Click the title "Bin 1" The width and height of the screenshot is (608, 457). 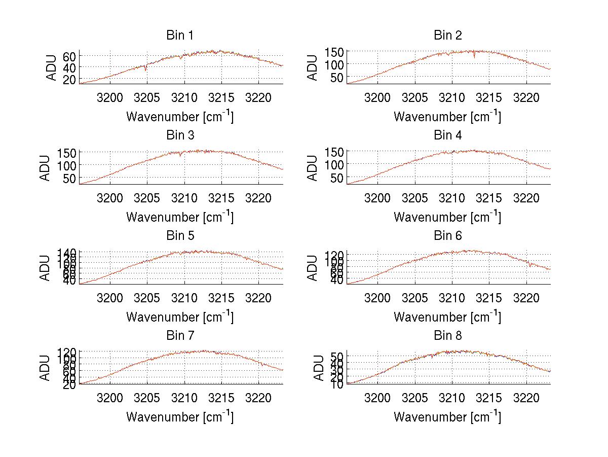point(180,36)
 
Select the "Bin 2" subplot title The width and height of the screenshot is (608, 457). point(448,36)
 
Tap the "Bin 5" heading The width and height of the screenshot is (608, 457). point(180,236)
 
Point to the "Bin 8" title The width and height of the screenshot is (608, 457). point(448,336)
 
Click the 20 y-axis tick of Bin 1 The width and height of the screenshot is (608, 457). point(69,79)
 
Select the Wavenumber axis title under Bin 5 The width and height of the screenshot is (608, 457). point(180,317)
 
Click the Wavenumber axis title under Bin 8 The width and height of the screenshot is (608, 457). point(448,417)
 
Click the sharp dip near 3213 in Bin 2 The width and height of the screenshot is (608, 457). point(474,57)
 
